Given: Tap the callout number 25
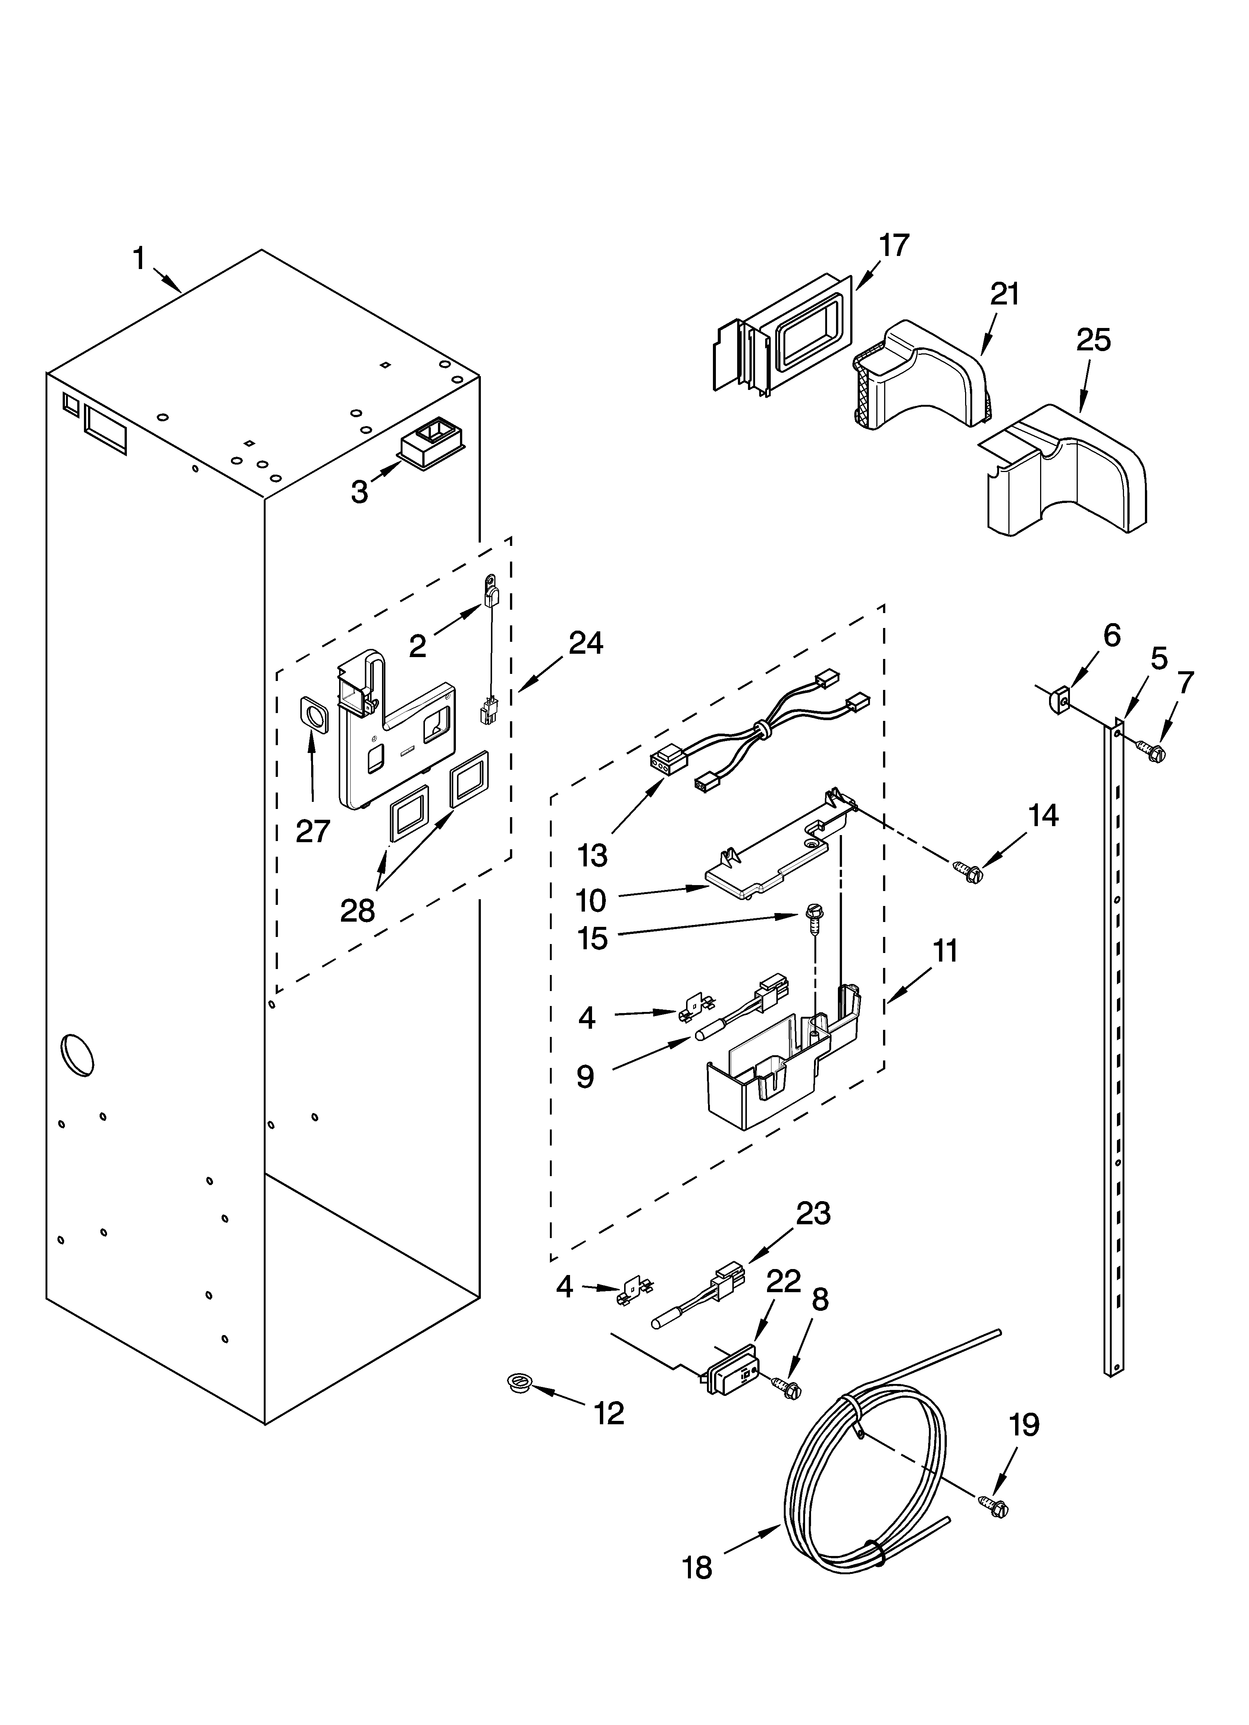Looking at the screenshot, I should tap(1093, 340).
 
